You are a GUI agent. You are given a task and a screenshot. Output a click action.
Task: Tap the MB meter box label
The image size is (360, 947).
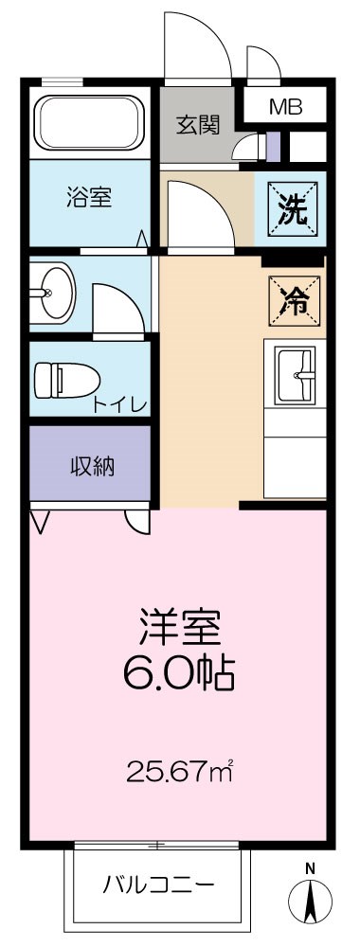coord(285,107)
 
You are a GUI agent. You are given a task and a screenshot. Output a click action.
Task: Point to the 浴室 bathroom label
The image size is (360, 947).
coord(89,198)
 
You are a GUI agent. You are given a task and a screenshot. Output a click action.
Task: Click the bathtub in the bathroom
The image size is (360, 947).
coord(90,124)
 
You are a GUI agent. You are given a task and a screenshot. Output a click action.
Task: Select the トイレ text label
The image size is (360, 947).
coord(119,406)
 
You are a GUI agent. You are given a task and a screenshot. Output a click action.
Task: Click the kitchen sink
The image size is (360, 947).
coord(296,375)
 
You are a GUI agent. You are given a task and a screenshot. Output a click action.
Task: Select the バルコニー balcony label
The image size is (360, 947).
coord(158,884)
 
